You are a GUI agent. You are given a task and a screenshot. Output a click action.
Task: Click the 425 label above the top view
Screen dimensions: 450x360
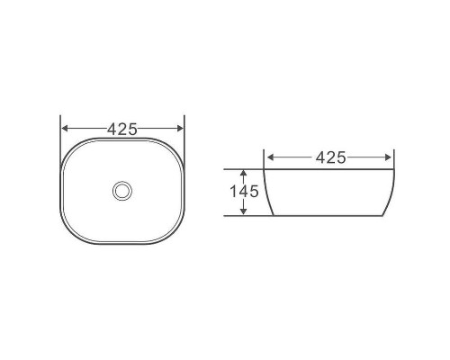click(122, 129)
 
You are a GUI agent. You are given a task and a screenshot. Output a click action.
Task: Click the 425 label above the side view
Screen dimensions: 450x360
click(331, 157)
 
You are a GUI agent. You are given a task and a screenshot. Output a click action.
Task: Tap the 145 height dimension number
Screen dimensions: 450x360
click(244, 192)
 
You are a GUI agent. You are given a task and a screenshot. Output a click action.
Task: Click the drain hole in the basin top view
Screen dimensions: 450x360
click(122, 191)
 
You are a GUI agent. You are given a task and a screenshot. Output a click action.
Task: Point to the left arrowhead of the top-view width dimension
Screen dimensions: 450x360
click(65, 129)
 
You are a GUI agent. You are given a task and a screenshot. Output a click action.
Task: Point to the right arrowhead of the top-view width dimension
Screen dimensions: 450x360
click(180, 129)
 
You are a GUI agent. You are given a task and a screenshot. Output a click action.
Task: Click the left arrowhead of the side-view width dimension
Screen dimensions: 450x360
click(271, 157)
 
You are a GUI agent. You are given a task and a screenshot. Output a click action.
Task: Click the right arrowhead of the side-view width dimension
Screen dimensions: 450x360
click(388, 157)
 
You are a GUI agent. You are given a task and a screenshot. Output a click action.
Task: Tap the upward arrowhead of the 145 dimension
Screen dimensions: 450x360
click(244, 173)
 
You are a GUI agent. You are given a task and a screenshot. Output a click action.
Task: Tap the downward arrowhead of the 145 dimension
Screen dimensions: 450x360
click(244, 211)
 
